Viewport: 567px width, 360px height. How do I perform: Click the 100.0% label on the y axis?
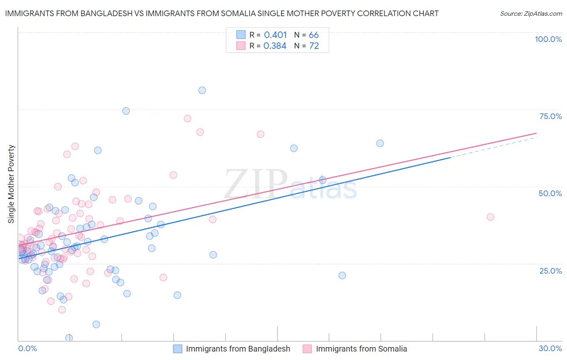point(548,39)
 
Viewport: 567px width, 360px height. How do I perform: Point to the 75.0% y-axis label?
point(550,116)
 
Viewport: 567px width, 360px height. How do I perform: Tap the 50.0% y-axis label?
point(550,193)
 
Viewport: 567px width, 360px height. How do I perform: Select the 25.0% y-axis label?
point(550,270)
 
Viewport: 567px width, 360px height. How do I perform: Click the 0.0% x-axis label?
point(27,348)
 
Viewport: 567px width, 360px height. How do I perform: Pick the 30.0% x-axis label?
point(550,348)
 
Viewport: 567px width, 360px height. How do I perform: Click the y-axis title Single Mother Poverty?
point(11,184)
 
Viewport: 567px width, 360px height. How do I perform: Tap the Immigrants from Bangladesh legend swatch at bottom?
point(178,349)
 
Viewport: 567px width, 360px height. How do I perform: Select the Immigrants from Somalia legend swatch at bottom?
point(307,349)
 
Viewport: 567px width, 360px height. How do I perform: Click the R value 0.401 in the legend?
point(275,35)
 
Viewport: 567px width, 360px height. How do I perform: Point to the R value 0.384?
point(275,46)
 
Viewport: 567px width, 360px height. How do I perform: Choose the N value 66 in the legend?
point(314,35)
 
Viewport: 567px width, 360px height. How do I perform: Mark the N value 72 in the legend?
point(314,46)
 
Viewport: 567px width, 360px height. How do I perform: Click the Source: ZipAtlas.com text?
point(531,14)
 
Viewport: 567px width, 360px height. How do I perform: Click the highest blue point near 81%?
point(202,90)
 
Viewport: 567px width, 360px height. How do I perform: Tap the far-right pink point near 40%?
point(490,217)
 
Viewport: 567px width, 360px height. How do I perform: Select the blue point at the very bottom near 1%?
point(69,338)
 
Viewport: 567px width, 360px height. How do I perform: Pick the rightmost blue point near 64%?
point(380,143)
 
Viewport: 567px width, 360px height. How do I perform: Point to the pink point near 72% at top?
point(187,119)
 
